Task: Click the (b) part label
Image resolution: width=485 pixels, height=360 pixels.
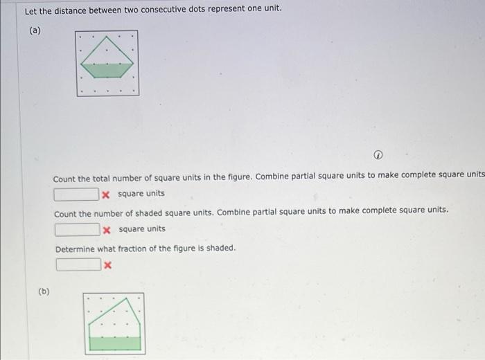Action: pos(44,291)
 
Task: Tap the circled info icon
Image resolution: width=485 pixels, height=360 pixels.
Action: pos(380,154)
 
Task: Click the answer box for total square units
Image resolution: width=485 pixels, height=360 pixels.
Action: pos(76,194)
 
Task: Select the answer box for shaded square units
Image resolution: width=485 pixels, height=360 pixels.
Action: pos(77,229)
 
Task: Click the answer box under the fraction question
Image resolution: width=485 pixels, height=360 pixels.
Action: pos(78,264)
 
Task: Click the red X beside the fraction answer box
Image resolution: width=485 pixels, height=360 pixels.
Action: pos(107,264)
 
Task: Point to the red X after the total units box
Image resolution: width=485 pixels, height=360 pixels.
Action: pos(106,194)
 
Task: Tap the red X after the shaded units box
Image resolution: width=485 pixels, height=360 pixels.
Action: pos(107,229)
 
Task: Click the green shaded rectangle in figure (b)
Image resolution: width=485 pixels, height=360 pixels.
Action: pos(114,343)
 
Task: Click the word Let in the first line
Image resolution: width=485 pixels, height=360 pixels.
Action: pos(30,11)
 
